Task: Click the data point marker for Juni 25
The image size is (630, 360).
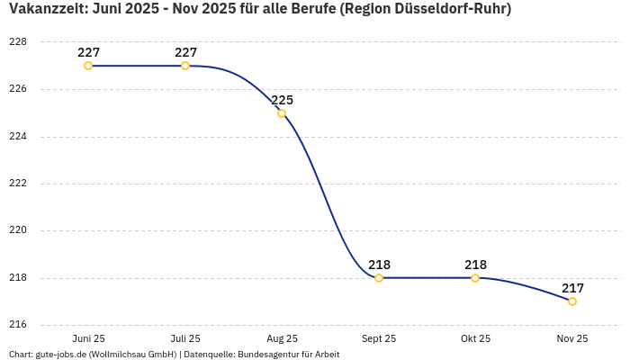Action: click(x=88, y=66)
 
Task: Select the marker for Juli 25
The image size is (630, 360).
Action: click(x=185, y=66)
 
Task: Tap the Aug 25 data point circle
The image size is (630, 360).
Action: click(x=282, y=113)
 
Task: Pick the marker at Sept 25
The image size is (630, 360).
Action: click(x=379, y=278)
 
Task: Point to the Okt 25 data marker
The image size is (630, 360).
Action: click(x=475, y=278)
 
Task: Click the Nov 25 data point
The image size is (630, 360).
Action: click(x=572, y=301)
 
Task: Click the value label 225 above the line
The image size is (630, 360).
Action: click(x=283, y=100)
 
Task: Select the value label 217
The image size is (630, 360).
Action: click(x=572, y=288)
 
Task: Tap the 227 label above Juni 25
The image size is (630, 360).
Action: click(x=88, y=52)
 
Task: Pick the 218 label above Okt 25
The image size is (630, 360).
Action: click(x=475, y=265)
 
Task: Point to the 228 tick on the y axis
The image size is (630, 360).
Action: click(x=18, y=42)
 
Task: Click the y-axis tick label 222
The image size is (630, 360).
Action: click(x=18, y=184)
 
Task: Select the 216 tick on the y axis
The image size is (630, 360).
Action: click(x=18, y=325)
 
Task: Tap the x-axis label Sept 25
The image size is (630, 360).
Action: click(x=379, y=338)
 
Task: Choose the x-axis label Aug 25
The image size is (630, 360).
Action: click(x=282, y=338)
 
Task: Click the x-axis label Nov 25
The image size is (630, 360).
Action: click(x=572, y=338)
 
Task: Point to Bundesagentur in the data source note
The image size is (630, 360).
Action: click(x=264, y=355)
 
